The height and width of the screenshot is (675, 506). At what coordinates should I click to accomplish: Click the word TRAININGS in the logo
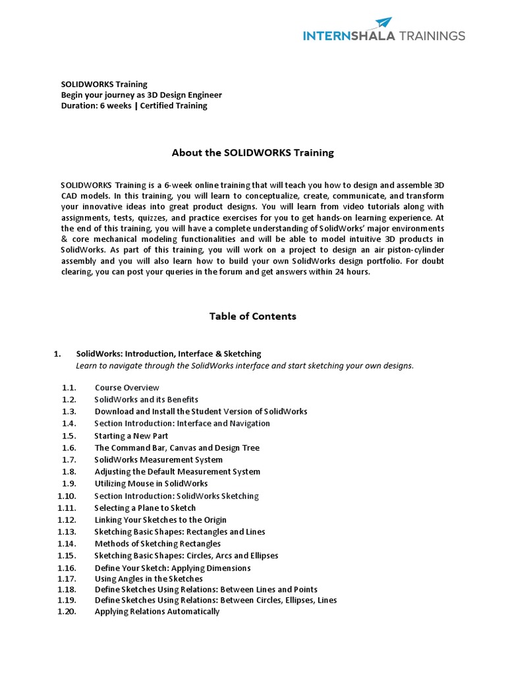pyautogui.click(x=432, y=36)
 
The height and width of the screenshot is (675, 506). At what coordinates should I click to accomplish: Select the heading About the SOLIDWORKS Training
pyautogui.click(x=252, y=152)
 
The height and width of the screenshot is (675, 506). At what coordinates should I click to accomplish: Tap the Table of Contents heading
pyautogui.click(x=252, y=316)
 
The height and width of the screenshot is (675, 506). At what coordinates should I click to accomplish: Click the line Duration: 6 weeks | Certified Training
pyautogui.click(x=134, y=105)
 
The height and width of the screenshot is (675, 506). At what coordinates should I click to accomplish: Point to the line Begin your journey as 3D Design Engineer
pyautogui.click(x=141, y=95)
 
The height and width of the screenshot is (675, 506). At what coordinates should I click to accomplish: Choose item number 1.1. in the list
pyautogui.click(x=69, y=388)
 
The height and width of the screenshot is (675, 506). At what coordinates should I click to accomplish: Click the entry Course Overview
pyautogui.click(x=126, y=388)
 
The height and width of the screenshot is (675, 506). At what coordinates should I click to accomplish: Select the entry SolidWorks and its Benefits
pyautogui.click(x=146, y=399)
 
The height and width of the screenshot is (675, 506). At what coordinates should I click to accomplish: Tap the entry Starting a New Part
pyautogui.click(x=131, y=436)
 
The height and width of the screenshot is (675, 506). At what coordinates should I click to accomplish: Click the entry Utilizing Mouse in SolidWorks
pyautogui.click(x=151, y=484)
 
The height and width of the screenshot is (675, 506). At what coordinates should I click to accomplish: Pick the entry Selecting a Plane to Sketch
pyautogui.click(x=145, y=508)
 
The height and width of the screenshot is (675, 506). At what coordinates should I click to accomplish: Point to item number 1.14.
pyautogui.click(x=67, y=544)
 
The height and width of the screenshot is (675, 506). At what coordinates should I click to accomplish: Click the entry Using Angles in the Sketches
pyautogui.click(x=148, y=579)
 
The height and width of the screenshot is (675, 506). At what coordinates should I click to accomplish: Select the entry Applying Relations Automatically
pyautogui.click(x=157, y=612)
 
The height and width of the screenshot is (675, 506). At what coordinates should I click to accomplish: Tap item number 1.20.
pyautogui.click(x=67, y=612)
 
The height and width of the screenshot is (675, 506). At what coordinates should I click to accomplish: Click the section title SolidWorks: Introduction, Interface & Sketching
pyautogui.click(x=169, y=354)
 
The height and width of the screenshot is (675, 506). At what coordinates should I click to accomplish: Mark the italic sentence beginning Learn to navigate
pyautogui.click(x=244, y=366)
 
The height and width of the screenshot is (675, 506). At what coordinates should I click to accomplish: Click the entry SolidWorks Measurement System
pyautogui.click(x=158, y=459)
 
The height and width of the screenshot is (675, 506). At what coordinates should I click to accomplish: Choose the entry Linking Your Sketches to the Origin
pyautogui.click(x=159, y=520)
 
